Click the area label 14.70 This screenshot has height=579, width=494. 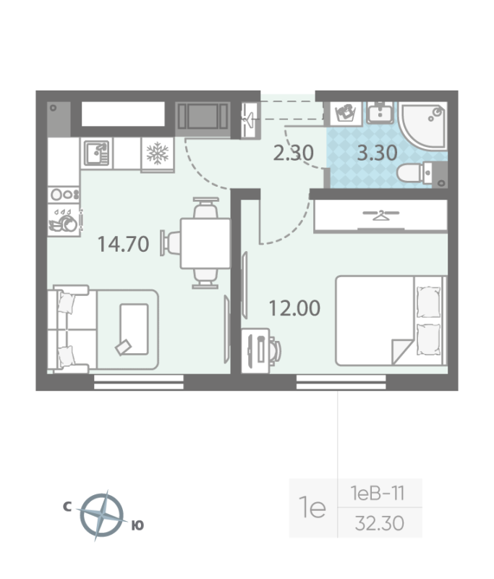click(123, 244)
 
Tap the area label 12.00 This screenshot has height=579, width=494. click(294, 308)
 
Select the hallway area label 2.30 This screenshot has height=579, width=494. click(294, 153)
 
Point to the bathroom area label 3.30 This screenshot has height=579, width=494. click(377, 153)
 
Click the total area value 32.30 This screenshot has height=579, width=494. click(380, 523)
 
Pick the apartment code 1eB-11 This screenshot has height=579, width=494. click(378, 494)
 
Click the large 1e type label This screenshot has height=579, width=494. click(312, 507)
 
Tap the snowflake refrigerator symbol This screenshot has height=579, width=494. click(158, 153)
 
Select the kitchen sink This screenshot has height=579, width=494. click(97, 153)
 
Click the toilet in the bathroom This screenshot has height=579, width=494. click(414, 173)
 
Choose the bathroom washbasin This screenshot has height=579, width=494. click(380, 113)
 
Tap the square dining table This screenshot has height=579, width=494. click(205, 243)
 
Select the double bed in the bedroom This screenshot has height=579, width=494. click(391, 321)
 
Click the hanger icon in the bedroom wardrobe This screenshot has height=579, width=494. click(380, 214)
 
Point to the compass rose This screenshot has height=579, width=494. click(102, 515)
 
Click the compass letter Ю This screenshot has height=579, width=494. click(137, 525)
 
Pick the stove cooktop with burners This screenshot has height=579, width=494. click(64, 195)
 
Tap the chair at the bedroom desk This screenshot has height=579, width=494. click(275, 349)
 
